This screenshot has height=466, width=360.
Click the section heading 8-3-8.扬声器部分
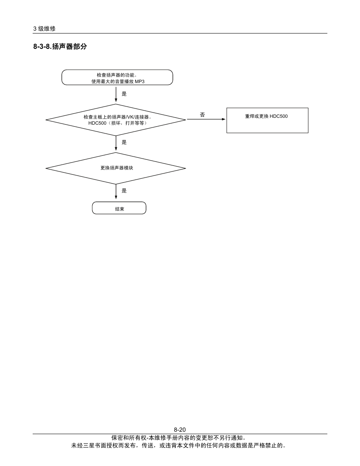point(60,47)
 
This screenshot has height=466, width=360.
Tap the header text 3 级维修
point(44,29)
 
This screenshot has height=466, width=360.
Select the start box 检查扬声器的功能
point(117,77)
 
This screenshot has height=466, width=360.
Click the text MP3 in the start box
point(139,81)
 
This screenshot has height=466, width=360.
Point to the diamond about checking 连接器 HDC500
point(116,120)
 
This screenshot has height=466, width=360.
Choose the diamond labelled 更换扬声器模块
point(116,168)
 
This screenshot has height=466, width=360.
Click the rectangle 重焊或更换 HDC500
point(267,120)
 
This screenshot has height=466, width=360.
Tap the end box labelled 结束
point(119,208)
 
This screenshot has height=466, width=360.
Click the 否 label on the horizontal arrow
point(202,115)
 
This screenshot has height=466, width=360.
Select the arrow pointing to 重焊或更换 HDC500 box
point(206,119)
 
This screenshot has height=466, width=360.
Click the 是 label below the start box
point(124,94)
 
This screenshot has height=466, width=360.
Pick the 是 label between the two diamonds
point(124,142)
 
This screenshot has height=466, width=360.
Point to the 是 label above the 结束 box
point(124,191)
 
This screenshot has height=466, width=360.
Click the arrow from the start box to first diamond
point(116,94)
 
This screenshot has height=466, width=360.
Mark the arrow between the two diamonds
point(116,143)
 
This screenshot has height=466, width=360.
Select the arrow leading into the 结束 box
point(116,192)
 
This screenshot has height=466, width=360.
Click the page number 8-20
point(180,430)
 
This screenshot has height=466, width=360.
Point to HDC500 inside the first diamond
point(97,123)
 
